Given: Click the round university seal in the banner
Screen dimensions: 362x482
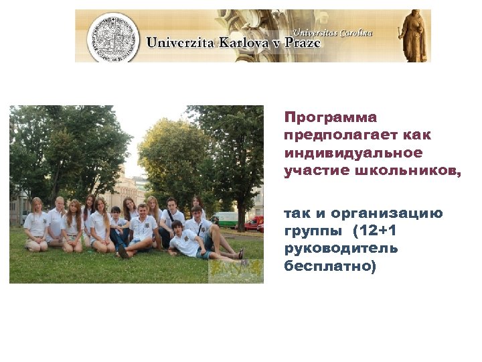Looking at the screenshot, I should coord(113,37).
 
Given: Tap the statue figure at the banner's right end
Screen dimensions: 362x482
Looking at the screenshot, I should coord(412,36).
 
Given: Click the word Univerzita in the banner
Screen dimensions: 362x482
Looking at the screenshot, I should coord(178,44).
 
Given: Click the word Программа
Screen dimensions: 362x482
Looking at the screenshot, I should coord(331,118).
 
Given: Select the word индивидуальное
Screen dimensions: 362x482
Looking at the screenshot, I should coord(353,153).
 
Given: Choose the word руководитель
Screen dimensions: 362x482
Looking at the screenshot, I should coord(341,249).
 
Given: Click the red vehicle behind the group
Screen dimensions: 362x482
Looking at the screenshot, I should coord(254,223).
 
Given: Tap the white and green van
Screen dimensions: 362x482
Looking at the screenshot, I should coord(226,219).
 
